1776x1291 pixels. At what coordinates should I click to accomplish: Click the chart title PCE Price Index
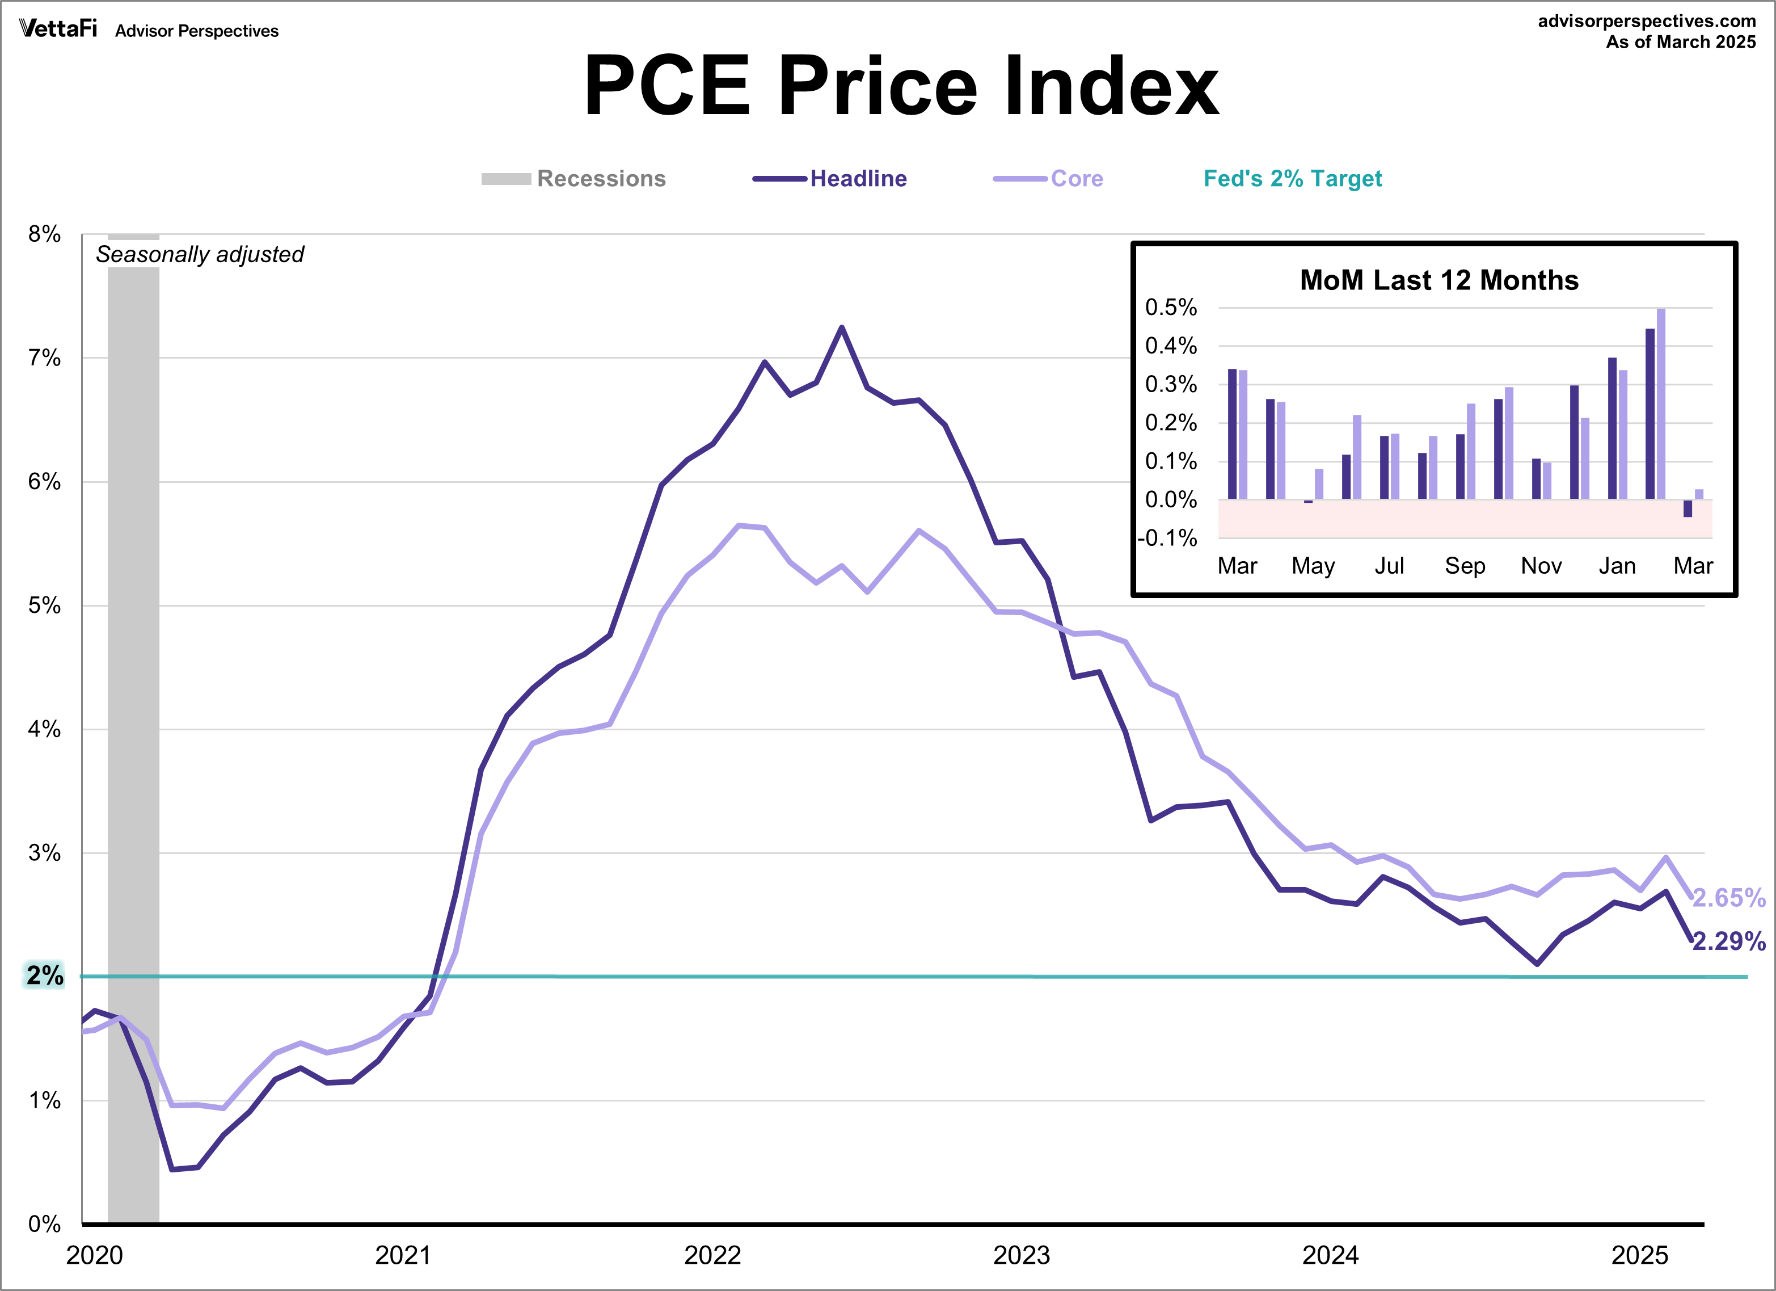[901, 86]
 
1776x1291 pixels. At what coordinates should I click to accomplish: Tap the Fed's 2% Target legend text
[1292, 179]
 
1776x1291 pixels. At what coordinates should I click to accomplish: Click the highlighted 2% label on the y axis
[45, 975]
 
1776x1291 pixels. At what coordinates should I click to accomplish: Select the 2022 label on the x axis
[712, 1255]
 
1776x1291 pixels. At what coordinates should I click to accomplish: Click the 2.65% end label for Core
[1729, 898]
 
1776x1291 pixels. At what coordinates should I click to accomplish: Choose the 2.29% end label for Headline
[1729, 941]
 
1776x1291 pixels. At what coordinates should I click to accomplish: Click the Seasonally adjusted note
[200, 255]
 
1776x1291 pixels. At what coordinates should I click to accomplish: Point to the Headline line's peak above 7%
[842, 327]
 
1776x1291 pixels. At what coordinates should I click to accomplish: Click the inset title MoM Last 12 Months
[1438, 280]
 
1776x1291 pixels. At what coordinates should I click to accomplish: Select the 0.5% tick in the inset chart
[1171, 307]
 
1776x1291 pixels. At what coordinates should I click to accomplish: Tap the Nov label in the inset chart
[1540, 566]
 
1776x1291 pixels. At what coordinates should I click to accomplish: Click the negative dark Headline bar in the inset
[1688, 508]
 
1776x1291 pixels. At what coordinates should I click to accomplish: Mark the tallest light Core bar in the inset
[1661, 403]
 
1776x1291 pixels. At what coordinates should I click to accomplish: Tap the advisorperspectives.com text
[1646, 21]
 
